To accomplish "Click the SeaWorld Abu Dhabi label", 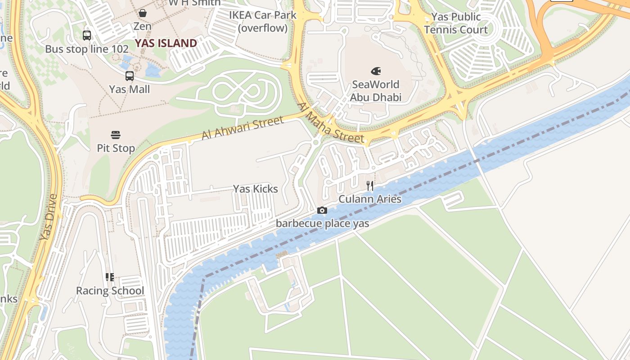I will [x=375, y=91].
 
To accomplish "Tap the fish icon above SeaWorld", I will [x=376, y=71].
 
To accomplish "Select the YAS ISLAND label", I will [x=166, y=43].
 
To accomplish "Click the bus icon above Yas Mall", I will [x=130, y=76].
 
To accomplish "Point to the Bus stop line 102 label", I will [x=87, y=49].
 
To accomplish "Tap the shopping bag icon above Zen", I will [x=143, y=13].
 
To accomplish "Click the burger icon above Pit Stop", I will [x=116, y=135].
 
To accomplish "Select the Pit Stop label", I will [x=116, y=148].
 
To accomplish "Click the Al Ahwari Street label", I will [x=243, y=128].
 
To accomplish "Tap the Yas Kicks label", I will [x=255, y=189].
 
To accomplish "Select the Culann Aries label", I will [x=369, y=199].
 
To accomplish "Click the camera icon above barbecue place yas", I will [x=322, y=210].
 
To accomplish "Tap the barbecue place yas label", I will [x=322, y=223].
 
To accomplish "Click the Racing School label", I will [x=110, y=291].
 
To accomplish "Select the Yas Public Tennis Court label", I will [x=456, y=23].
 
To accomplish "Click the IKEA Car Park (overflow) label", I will [x=263, y=21].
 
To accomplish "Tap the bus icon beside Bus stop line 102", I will [x=87, y=35].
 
